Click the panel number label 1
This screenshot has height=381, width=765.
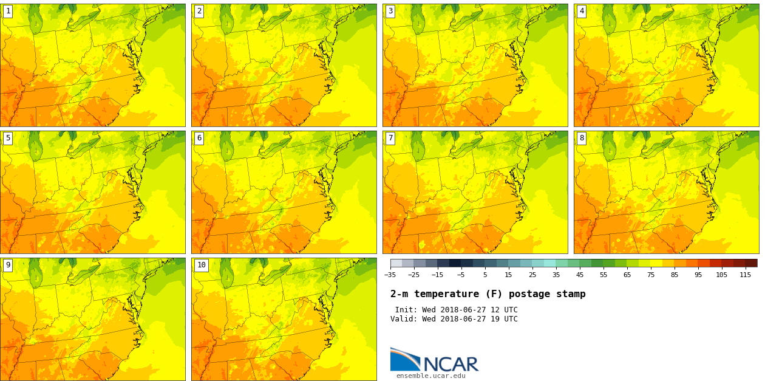click(8, 11)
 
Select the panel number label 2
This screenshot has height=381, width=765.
click(199, 11)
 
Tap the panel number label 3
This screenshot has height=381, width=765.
click(390, 11)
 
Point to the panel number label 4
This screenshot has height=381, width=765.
click(582, 11)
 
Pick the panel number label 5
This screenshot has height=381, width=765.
click(8, 138)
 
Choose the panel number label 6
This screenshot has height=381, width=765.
click(199, 138)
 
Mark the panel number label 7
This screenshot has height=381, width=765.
click(390, 138)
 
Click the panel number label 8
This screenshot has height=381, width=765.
click(582, 138)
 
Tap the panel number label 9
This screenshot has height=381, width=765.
click(8, 265)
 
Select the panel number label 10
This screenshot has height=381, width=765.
click(201, 265)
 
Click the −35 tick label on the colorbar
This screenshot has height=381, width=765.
click(390, 275)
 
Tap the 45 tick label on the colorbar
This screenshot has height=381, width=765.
click(580, 275)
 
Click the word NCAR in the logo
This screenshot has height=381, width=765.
click(450, 365)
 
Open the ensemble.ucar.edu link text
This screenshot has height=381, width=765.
click(430, 376)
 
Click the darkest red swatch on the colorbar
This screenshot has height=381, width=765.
click(751, 263)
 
